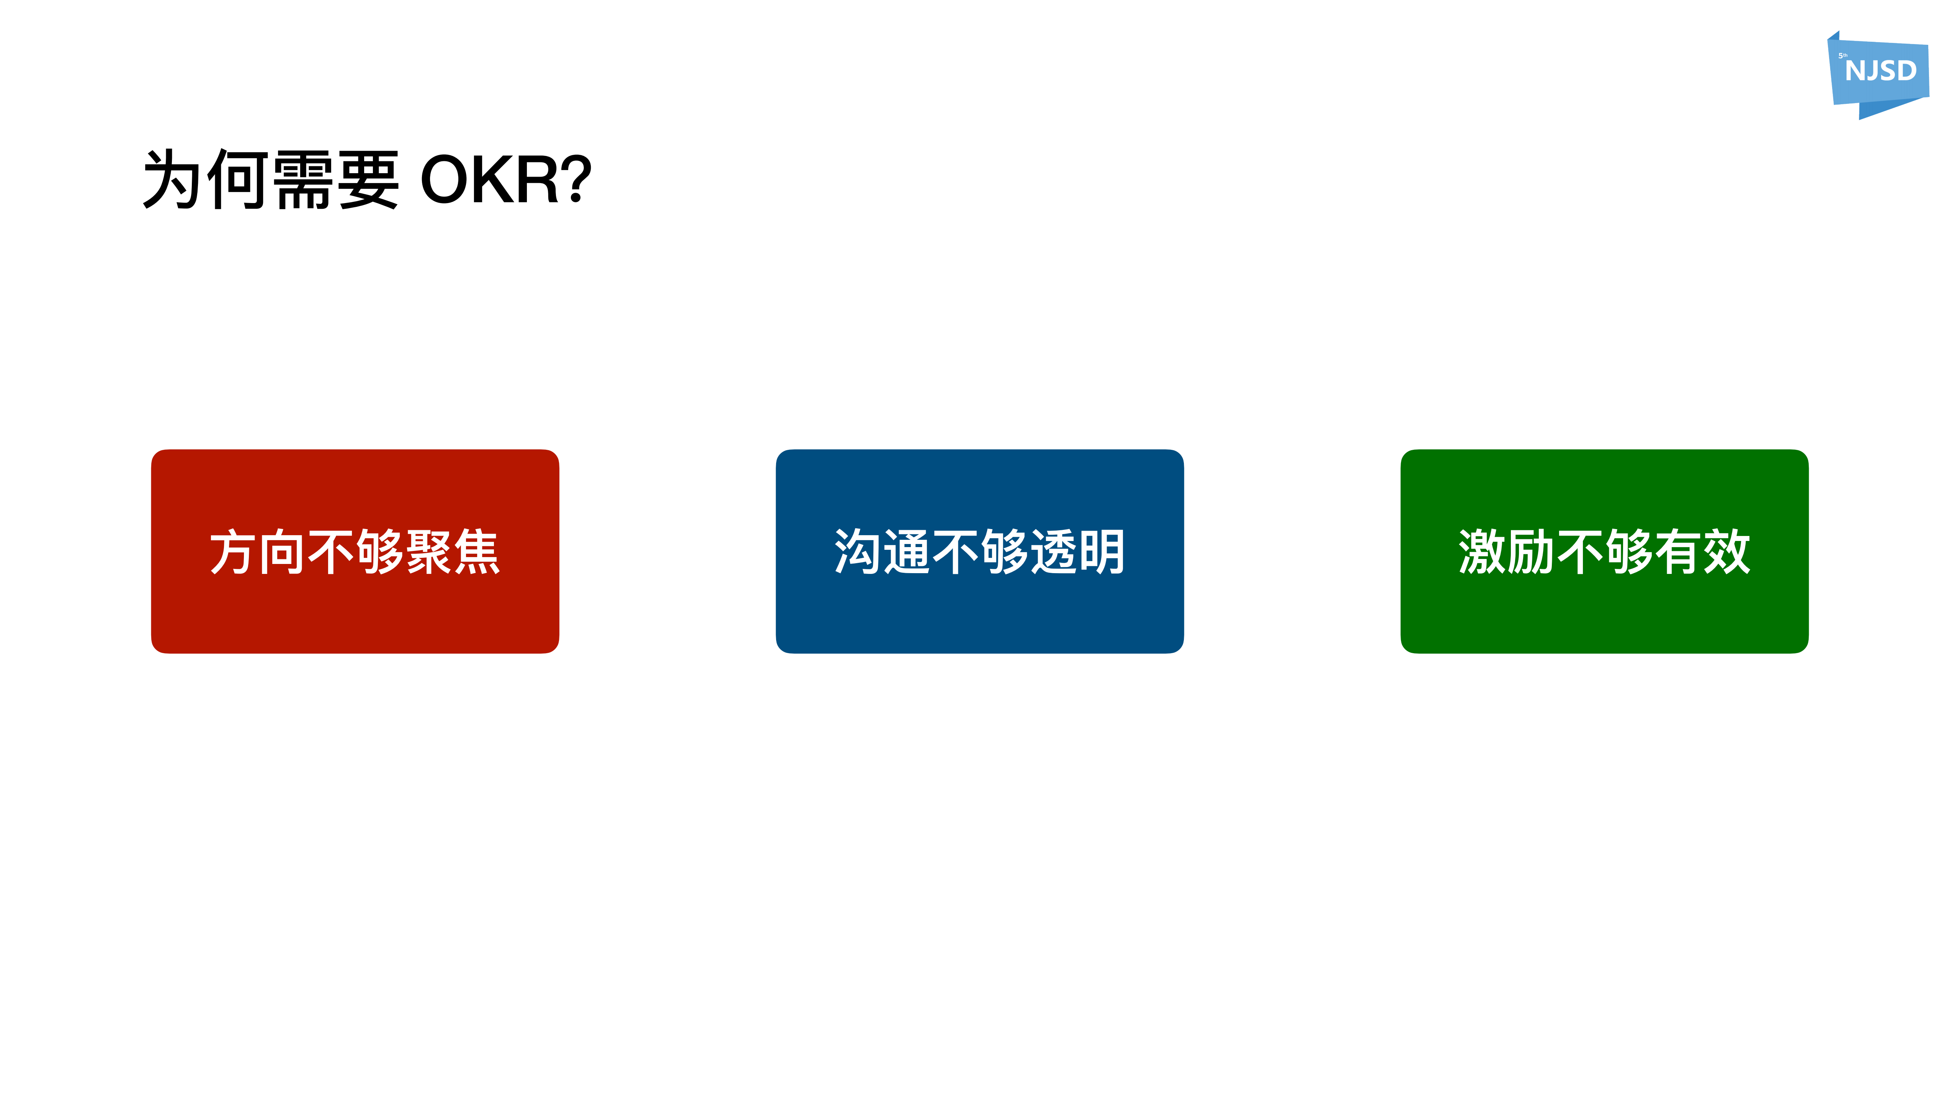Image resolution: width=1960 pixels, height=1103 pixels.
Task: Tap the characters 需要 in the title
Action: (x=335, y=180)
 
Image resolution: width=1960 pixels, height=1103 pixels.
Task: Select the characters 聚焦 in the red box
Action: (x=453, y=552)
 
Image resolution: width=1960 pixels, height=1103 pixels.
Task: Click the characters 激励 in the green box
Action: (x=1507, y=552)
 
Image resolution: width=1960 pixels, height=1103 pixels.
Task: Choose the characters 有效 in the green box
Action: (x=1702, y=552)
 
